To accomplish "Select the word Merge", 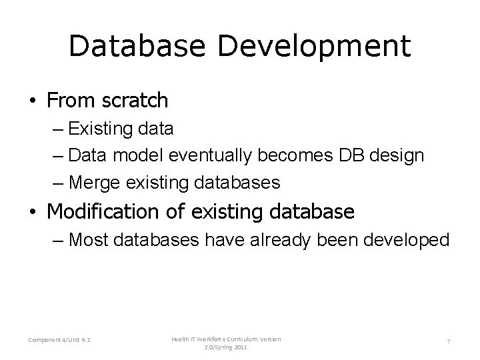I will tap(91, 181).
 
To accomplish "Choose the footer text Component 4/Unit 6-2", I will tap(60, 342).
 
